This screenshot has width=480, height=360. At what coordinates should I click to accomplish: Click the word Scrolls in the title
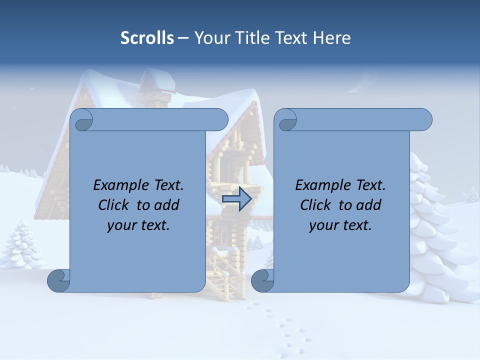click(147, 38)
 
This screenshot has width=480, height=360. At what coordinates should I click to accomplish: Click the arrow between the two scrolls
click(236, 199)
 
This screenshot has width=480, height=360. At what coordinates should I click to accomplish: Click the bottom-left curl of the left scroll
click(59, 281)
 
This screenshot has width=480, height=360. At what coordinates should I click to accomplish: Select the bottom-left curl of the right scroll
click(262, 281)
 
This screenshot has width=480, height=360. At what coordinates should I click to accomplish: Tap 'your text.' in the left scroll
click(138, 225)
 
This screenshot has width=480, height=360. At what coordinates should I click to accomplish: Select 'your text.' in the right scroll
click(340, 225)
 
